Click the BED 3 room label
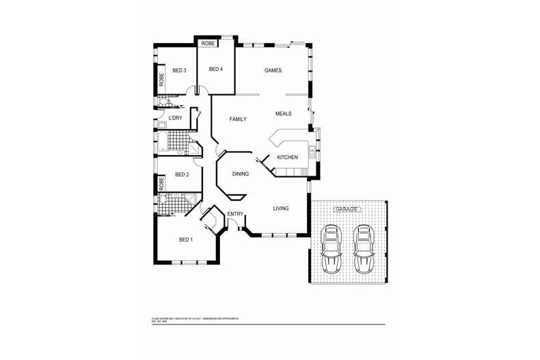pyautogui.click(x=180, y=70)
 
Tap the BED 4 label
pyautogui.click(x=216, y=69)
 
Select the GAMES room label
pyautogui.click(x=273, y=70)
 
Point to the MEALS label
pyautogui.click(x=284, y=113)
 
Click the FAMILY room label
pyautogui.click(x=237, y=120)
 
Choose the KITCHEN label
pyautogui.click(x=287, y=158)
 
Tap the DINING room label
pyautogui.click(x=241, y=174)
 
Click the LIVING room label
pyautogui.click(x=281, y=208)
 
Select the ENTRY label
pyautogui.click(x=235, y=214)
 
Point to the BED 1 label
pyautogui.click(x=186, y=240)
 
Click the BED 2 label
pyautogui.click(x=182, y=175)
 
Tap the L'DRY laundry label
pyautogui.click(x=176, y=119)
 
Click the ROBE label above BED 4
pyautogui.click(x=208, y=43)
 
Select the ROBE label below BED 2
pyautogui.click(x=161, y=184)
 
